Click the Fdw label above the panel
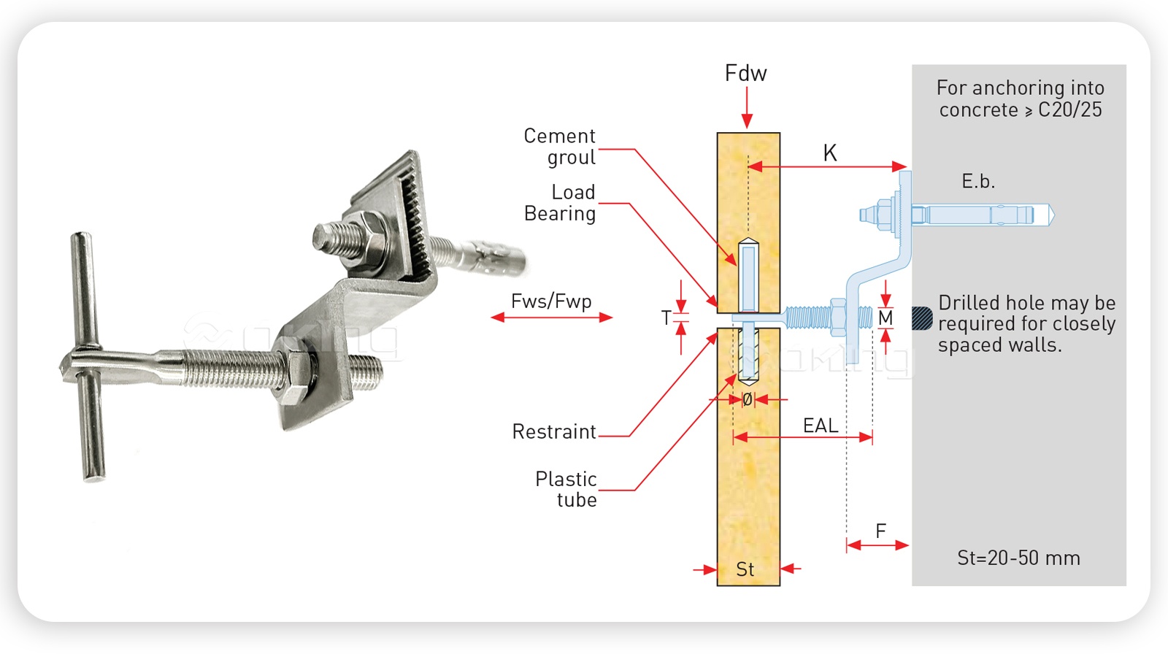click(x=745, y=73)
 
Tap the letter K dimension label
click(x=829, y=153)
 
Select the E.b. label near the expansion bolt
click(x=977, y=181)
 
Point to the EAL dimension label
click(x=820, y=426)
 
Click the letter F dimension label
click(x=880, y=531)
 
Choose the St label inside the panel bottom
click(x=745, y=569)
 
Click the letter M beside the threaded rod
click(x=885, y=318)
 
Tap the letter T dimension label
click(x=666, y=318)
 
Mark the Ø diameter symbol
click(x=747, y=399)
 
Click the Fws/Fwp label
click(x=551, y=301)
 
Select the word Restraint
click(x=554, y=431)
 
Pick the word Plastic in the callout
click(x=566, y=479)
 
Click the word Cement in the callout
click(x=559, y=136)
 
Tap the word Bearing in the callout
click(x=560, y=213)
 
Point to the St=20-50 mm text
click(x=1018, y=558)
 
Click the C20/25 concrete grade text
click(x=1069, y=109)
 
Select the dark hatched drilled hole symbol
click(x=923, y=318)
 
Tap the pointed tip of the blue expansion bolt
click(x=1051, y=215)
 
